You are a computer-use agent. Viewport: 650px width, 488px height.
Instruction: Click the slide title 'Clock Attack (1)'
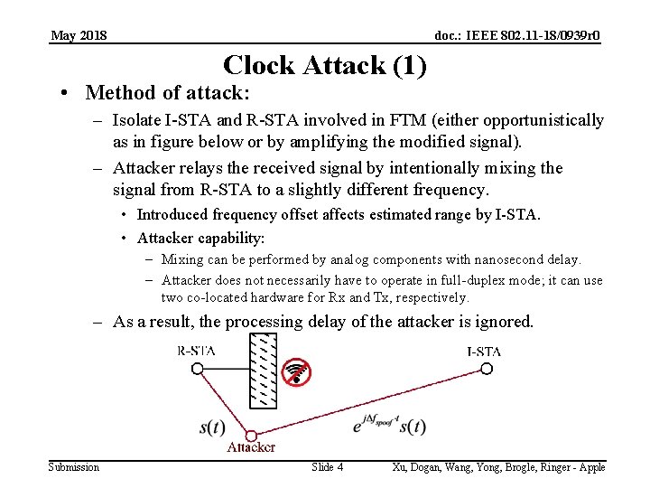click(324, 65)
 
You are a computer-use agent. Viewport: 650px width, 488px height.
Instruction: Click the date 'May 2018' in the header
click(79, 35)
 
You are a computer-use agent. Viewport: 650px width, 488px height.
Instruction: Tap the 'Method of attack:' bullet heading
click(167, 93)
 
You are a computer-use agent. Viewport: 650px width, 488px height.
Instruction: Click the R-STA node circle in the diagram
click(198, 369)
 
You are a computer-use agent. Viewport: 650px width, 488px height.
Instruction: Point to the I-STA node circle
click(486, 369)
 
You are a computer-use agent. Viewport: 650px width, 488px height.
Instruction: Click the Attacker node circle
click(251, 436)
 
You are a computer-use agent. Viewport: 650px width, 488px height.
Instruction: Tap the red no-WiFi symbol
click(295, 371)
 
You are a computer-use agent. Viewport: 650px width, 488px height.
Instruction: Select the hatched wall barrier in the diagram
click(262, 370)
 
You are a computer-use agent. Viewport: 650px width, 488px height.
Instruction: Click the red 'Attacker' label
click(251, 448)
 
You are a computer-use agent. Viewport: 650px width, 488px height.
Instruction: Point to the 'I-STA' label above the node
click(484, 352)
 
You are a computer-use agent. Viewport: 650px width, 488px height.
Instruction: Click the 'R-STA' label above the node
click(196, 352)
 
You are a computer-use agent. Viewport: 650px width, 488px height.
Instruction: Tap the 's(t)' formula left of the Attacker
click(212, 427)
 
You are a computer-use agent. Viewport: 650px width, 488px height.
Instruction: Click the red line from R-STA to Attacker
click(224, 402)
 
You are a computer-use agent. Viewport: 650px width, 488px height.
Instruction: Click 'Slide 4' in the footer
click(327, 467)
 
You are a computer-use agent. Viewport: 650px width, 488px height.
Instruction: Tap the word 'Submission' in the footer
click(74, 467)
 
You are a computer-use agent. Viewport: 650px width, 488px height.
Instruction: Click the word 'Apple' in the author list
click(591, 467)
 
